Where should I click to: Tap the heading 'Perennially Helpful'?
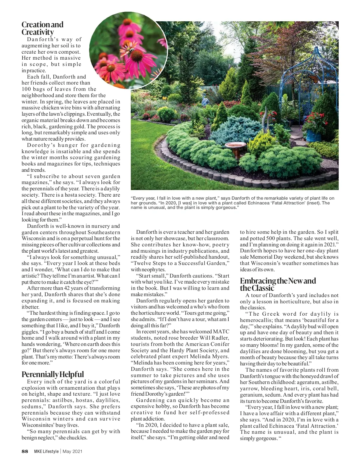pos(52,374)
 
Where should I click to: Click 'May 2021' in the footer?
pos(73,451)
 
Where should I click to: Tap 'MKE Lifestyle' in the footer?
pos(46,451)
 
